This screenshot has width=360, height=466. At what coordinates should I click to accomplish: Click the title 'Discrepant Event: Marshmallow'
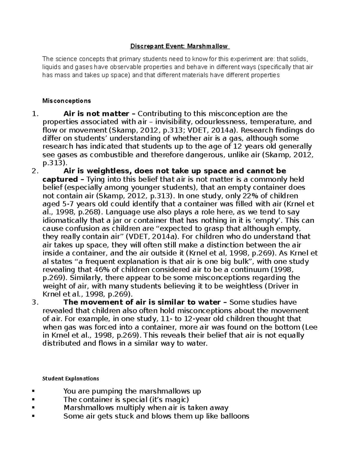pyautogui.click(x=179, y=47)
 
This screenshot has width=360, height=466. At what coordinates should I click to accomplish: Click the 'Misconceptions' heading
pyautogui.click(x=66, y=101)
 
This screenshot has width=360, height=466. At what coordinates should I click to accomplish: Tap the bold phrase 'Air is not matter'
pyautogui.click(x=96, y=114)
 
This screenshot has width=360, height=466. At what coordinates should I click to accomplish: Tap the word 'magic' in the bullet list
pyautogui.click(x=177, y=400)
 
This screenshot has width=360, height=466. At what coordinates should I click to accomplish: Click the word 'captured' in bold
pyautogui.click(x=60, y=179)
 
